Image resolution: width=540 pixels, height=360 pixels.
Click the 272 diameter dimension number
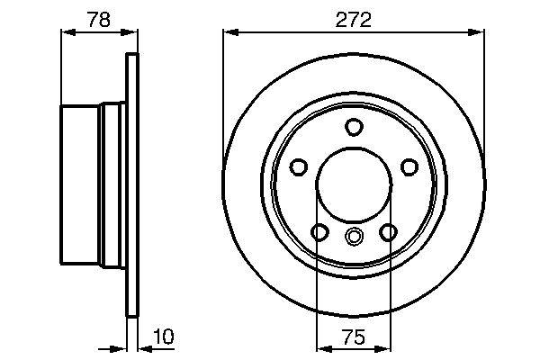pos(354,18)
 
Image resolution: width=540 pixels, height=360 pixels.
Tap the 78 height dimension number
pos(100,18)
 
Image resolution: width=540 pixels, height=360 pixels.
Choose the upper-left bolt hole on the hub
pos(298,166)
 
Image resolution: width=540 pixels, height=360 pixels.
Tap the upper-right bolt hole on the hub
pos(409,166)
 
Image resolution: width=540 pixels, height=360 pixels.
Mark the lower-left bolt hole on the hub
pos(319,233)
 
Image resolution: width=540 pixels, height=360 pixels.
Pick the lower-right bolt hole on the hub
pos(388,233)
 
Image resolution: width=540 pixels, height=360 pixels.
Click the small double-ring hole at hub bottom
pos(354,238)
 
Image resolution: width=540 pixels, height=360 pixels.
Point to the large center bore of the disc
pos(354,184)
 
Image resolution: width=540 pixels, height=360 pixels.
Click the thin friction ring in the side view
pos(132,184)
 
